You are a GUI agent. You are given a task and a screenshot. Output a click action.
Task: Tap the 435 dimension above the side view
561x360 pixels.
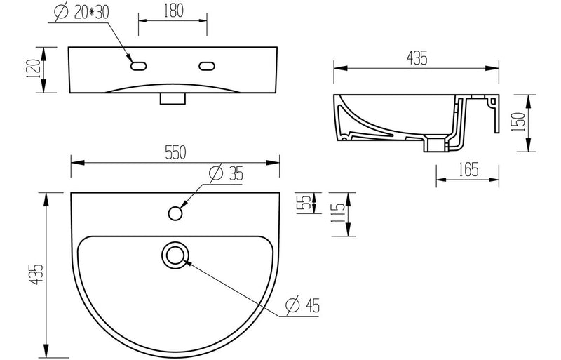pos(417,60)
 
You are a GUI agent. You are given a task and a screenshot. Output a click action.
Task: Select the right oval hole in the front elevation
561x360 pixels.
pos(208,66)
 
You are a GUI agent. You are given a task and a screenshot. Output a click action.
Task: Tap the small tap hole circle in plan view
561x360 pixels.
pos(175,211)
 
